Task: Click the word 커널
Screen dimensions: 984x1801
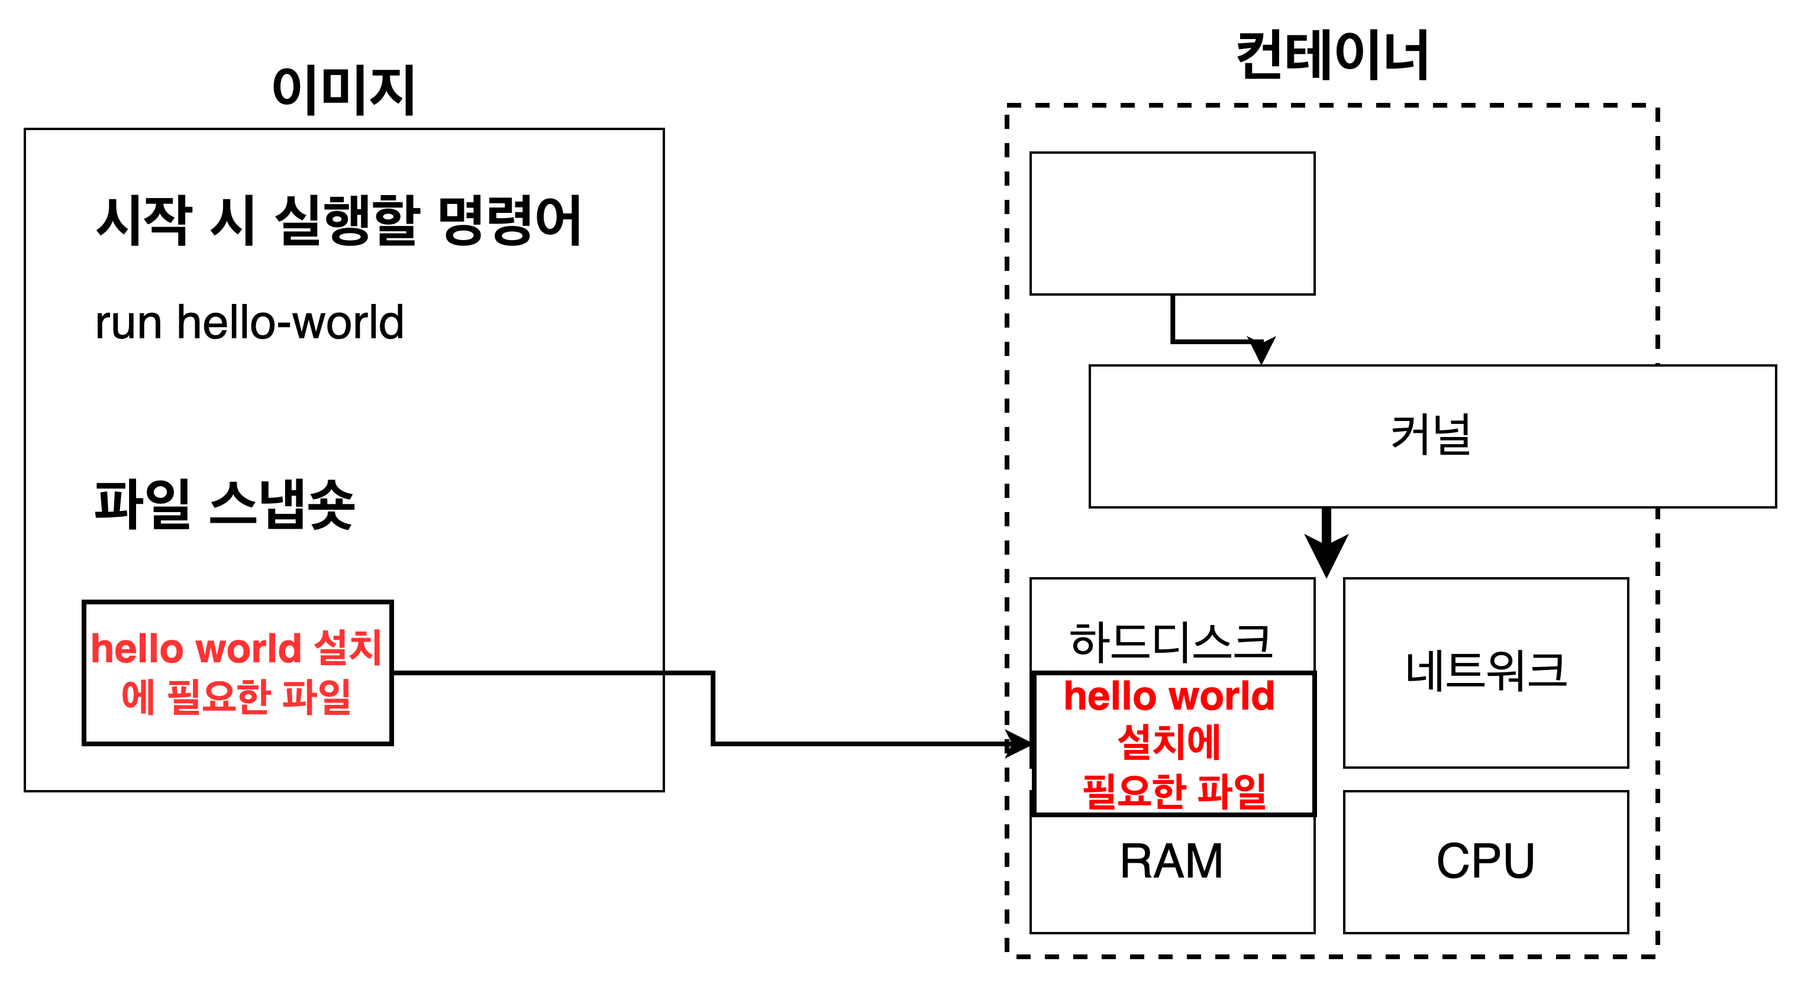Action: (x=1431, y=435)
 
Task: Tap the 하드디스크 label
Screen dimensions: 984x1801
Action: (x=1171, y=642)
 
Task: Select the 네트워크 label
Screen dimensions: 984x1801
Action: (x=1486, y=671)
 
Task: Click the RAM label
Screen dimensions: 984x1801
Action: (x=1171, y=861)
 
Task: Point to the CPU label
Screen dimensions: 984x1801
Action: (x=1485, y=861)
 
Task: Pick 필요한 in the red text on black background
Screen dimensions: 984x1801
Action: (x=218, y=697)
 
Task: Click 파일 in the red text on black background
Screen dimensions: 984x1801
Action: (x=316, y=697)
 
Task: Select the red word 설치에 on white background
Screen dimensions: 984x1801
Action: (x=1169, y=742)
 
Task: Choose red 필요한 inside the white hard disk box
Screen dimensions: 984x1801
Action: (x=1135, y=791)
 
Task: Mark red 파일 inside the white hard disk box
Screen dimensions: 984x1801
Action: (x=1232, y=791)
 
